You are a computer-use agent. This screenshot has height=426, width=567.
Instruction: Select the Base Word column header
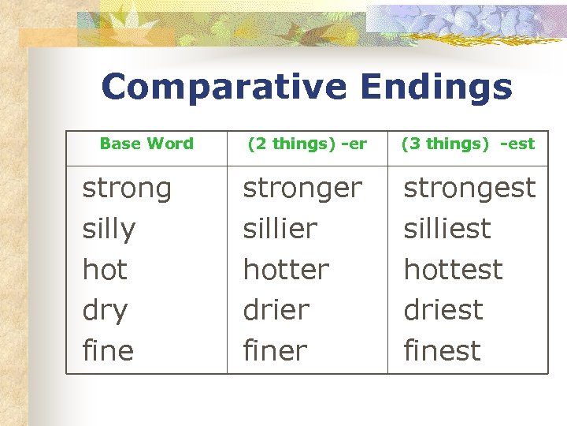[146, 144]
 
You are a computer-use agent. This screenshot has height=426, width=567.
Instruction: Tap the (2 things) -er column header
[307, 144]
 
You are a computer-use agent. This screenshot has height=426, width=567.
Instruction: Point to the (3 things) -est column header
[468, 144]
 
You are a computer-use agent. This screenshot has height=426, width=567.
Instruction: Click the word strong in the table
[127, 189]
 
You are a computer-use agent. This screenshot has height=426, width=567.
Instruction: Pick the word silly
[109, 229]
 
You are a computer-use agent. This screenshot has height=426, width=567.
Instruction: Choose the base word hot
[105, 270]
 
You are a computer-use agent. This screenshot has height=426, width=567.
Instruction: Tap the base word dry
[105, 311]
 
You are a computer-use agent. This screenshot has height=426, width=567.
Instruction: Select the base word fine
[108, 350]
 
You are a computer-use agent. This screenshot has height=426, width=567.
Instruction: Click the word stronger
[302, 189]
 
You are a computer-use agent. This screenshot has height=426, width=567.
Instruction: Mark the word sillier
[280, 229]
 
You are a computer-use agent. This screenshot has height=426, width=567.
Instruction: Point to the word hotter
[286, 270]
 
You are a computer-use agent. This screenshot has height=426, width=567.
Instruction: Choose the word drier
[276, 310]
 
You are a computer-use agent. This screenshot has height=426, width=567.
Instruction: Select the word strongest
[469, 188]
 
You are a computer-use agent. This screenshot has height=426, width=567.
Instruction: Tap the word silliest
[447, 229]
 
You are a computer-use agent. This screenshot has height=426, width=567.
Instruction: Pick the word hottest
[453, 270]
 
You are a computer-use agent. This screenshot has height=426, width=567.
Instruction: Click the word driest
[443, 310]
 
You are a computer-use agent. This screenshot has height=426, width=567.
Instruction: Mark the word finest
[442, 350]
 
